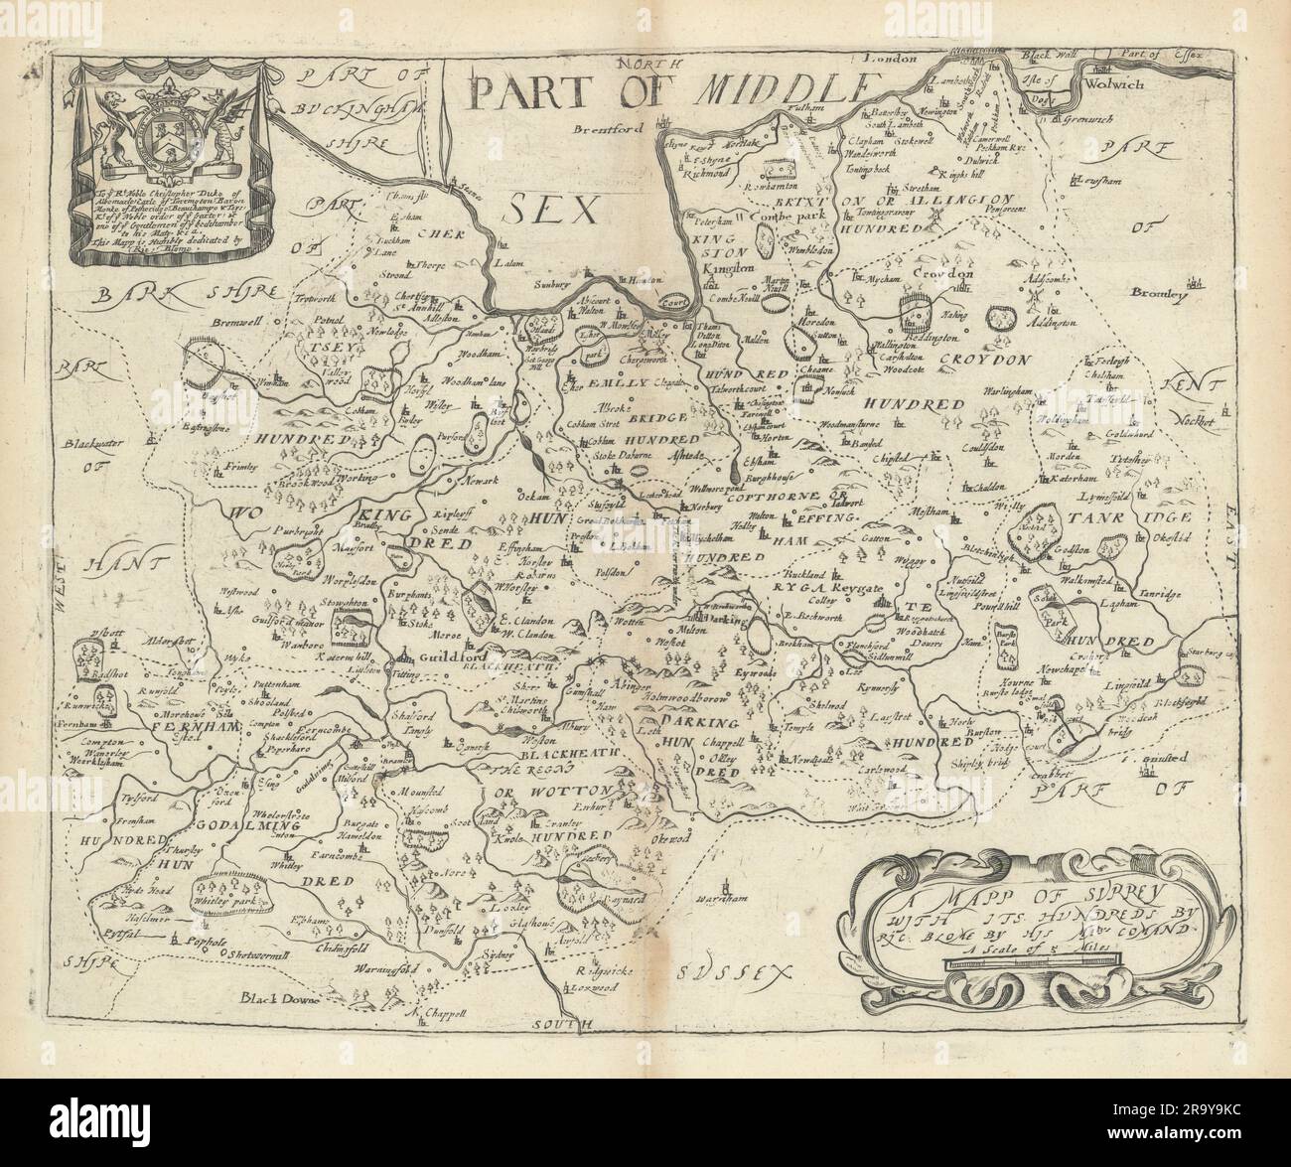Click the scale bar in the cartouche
(x=1033, y=958)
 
